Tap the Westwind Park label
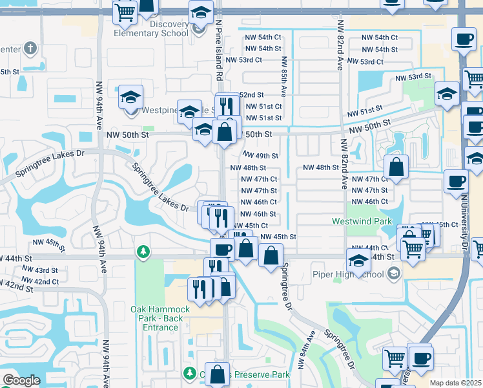(362, 221)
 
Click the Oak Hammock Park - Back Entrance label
(160, 318)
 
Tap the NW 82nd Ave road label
(340, 45)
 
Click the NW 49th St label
(260, 156)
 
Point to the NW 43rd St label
(42, 270)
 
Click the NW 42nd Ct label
(40, 281)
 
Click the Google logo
(21, 380)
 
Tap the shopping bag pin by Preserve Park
(218, 373)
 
